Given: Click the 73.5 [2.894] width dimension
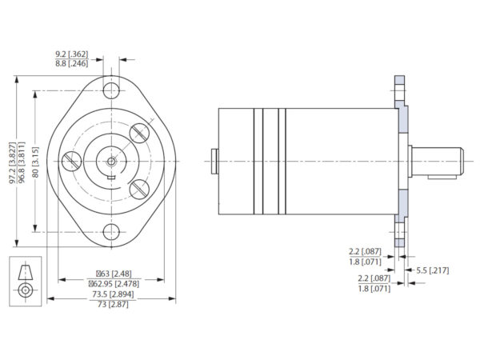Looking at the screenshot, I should click(111, 294).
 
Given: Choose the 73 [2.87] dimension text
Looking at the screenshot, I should click(111, 304).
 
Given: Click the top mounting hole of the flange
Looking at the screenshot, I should click(112, 88).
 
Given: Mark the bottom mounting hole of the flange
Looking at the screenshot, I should click(112, 233).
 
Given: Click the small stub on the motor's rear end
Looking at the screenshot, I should click(214, 161).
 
